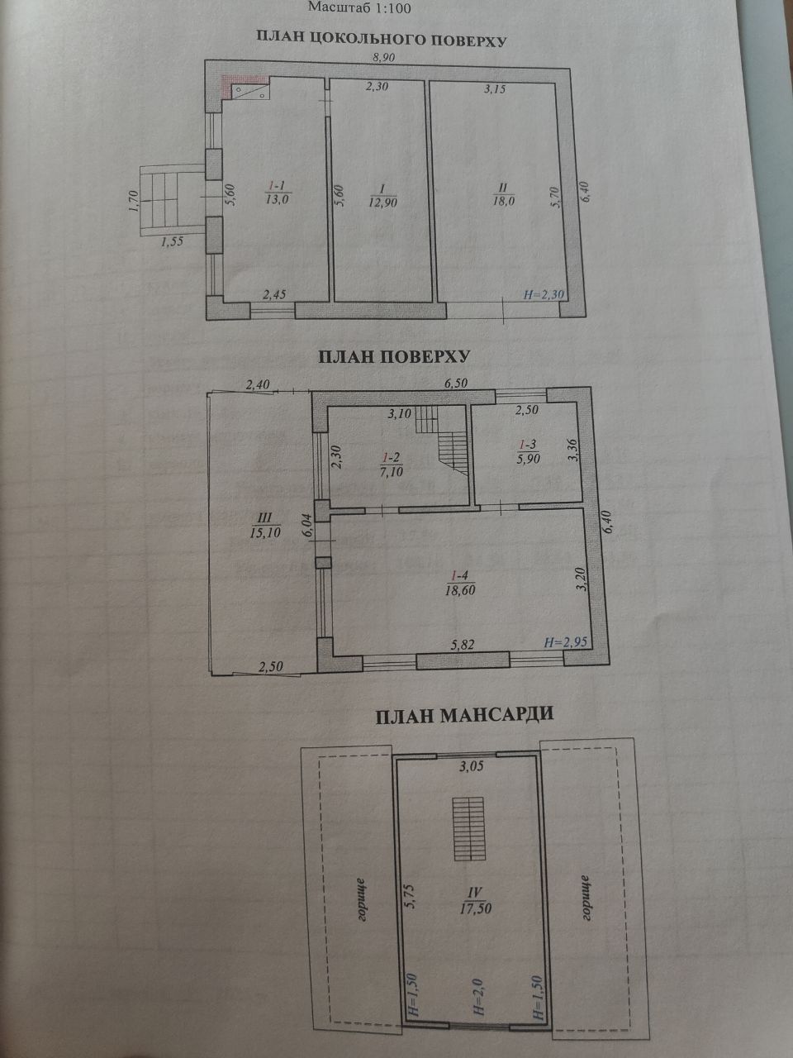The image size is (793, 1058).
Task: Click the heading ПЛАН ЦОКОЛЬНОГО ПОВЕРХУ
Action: click(x=382, y=39)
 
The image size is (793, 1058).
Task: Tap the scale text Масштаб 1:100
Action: click(x=359, y=7)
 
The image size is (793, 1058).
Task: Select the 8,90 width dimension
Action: click(x=384, y=57)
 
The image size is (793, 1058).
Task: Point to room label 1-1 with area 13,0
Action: click(x=277, y=193)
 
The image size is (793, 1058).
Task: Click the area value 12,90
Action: click(x=382, y=203)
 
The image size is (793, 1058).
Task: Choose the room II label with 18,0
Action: click(x=504, y=194)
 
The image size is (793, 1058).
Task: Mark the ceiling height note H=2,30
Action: click(x=544, y=294)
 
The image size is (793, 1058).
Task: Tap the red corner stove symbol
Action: click(x=245, y=87)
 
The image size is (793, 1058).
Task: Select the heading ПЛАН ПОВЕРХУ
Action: click(x=394, y=356)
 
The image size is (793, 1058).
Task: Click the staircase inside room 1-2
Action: click(x=442, y=440)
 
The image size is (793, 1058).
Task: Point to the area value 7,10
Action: click(x=391, y=471)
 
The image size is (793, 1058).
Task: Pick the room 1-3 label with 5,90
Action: click(x=528, y=451)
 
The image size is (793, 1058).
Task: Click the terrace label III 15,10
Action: click(x=265, y=525)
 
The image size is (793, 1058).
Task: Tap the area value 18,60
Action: click(x=460, y=589)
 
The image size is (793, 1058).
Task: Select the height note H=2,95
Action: click(x=565, y=641)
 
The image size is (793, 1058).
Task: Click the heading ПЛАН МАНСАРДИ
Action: click(x=464, y=715)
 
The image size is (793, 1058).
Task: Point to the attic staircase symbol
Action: click(x=468, y=828)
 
